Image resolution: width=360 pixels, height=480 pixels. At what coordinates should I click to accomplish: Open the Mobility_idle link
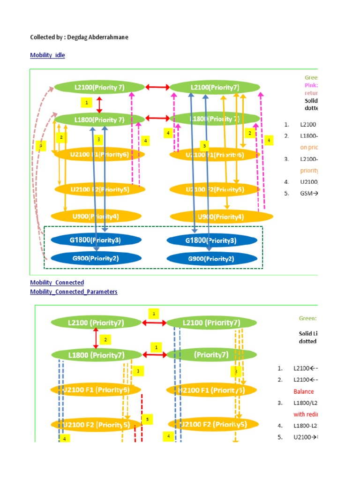pos(47,55)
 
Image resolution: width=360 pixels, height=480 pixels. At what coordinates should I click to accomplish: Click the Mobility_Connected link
pos(57,283)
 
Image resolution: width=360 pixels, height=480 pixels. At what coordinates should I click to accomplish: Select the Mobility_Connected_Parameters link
pos(74,292)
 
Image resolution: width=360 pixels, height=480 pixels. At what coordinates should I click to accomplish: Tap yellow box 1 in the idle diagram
pos(86,102)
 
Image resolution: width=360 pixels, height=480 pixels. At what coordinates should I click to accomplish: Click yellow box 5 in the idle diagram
pos(41,146)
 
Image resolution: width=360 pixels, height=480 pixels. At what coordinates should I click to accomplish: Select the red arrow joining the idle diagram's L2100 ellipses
pos(157,87)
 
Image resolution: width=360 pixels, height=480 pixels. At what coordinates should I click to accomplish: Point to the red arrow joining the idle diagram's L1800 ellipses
pos(157,118)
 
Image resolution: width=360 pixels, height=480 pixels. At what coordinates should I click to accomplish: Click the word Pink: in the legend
pos(311,85)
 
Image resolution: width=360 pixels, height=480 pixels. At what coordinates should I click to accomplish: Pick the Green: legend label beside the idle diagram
pos(311,78)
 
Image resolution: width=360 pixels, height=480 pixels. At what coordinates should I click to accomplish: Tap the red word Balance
pos(304,391)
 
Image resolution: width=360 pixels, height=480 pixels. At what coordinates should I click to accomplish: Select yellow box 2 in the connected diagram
pos(105,339)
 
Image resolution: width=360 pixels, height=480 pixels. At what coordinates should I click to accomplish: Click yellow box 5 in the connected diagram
pos(147,419)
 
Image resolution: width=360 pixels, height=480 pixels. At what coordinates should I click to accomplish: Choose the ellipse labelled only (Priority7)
pos(211,355)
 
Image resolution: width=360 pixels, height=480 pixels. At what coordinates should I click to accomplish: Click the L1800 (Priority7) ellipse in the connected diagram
pos(96,355)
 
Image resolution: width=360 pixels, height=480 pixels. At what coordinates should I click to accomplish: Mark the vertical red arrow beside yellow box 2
pos(96,338)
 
